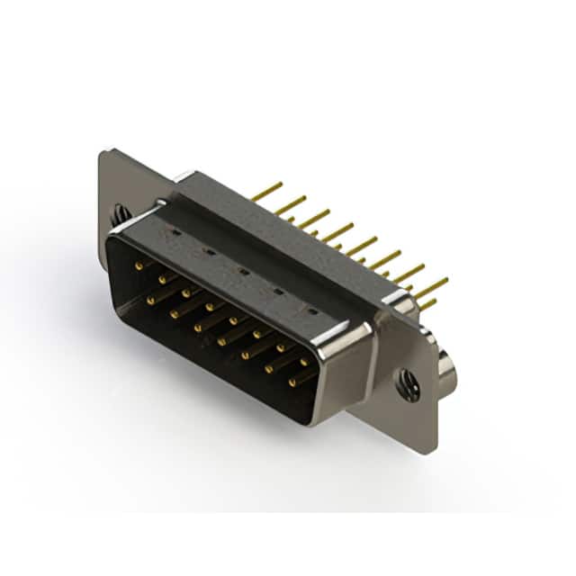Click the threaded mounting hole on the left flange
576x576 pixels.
(121, 215)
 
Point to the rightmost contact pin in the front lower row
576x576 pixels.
(292, 382)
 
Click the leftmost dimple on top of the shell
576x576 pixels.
(176, 232)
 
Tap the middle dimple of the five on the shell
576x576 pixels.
(243, 269)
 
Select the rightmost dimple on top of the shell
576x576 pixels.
(311, 310)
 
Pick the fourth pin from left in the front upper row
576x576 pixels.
(210, 306)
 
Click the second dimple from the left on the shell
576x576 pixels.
(209, 250)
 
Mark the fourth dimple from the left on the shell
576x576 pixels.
(277, 290)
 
